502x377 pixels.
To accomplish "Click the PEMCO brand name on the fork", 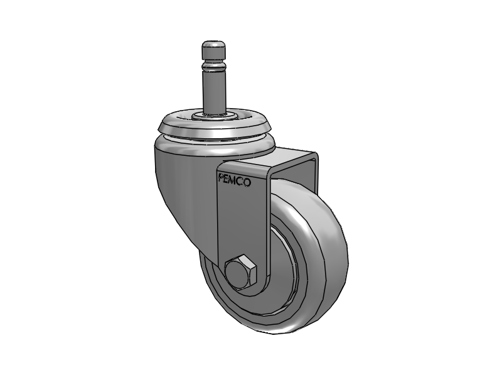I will [x=234, y=180].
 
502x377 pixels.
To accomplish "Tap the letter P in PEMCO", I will [x=220, y=178].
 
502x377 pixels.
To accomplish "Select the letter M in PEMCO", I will [x=233, y=180].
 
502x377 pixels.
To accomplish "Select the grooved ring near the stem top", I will [x=212, y=65].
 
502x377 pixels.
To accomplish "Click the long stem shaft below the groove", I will [x=212, y=91].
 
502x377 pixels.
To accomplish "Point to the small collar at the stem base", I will [x=212, y=116].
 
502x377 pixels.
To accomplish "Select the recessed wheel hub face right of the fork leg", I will [x=282, y=264].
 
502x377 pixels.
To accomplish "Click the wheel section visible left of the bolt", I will [x=213, y=276].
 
